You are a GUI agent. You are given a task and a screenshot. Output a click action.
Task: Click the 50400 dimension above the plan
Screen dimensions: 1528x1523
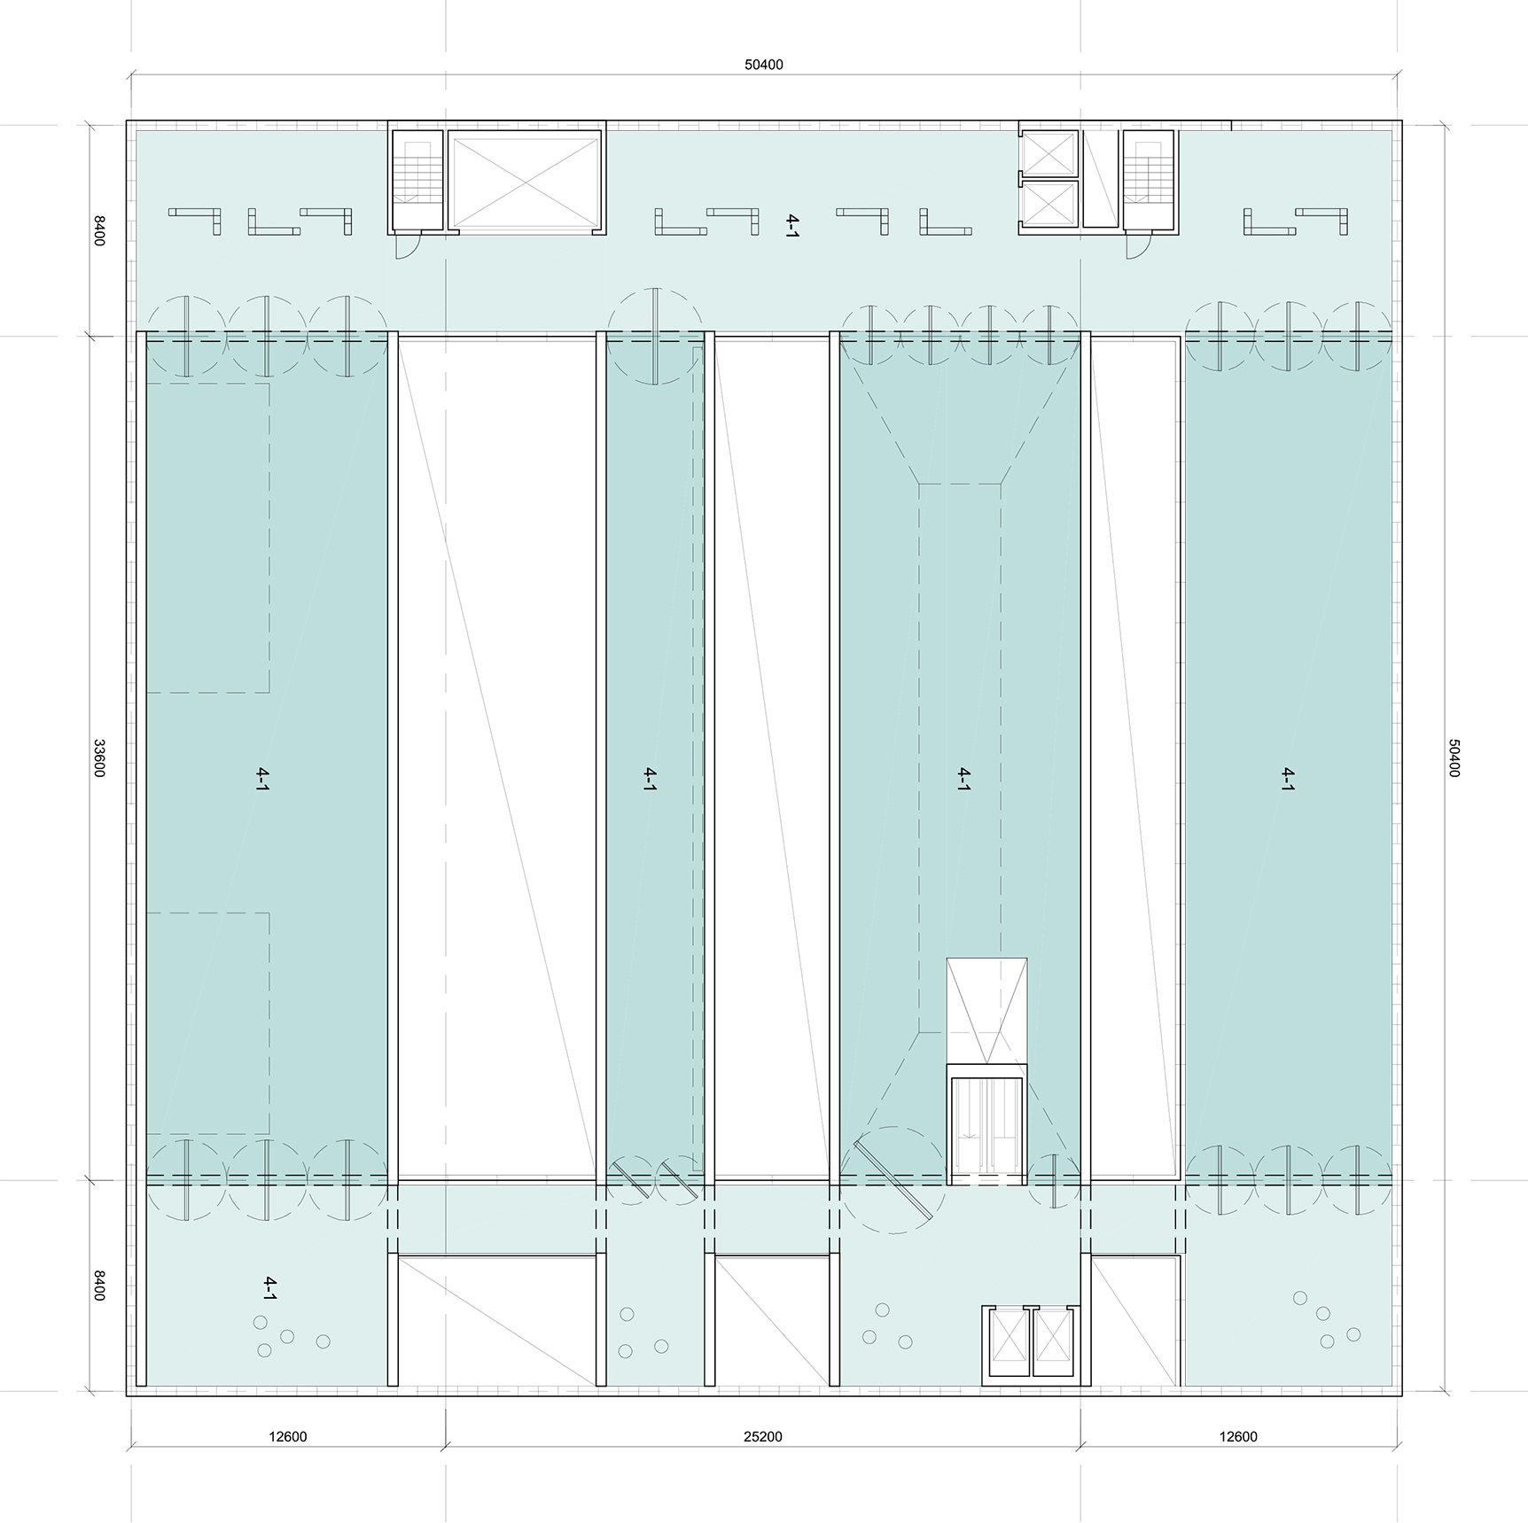763,65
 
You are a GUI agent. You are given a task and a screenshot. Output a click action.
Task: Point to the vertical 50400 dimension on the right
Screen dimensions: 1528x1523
1453,758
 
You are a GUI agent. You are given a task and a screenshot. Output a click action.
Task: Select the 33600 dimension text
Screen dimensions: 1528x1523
99,758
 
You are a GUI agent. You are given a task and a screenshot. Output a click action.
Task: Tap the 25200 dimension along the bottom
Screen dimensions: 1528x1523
762,1436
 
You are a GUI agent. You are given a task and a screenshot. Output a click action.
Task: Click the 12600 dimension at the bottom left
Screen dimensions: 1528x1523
287,1436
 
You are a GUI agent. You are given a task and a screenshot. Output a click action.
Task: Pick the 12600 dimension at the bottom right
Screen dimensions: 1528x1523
1237,1436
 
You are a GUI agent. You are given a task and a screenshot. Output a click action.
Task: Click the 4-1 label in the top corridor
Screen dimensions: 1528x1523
791,226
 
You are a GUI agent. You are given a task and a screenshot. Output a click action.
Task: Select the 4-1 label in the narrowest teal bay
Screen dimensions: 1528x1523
650,779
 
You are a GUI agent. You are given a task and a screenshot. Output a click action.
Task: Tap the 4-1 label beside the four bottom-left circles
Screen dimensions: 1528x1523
270,1288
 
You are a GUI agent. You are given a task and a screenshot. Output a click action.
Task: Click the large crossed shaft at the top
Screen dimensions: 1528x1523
526,182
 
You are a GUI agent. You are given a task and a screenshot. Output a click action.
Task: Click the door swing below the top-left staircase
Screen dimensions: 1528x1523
404,245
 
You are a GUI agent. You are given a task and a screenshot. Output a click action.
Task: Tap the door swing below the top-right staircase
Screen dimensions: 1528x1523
1138,245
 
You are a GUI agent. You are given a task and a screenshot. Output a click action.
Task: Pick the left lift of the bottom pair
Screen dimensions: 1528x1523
1008,1343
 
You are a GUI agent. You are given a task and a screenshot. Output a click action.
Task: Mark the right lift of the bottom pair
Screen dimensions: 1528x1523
1052,1343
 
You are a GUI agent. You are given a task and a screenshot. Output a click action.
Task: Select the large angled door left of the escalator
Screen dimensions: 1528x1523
892,1178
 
